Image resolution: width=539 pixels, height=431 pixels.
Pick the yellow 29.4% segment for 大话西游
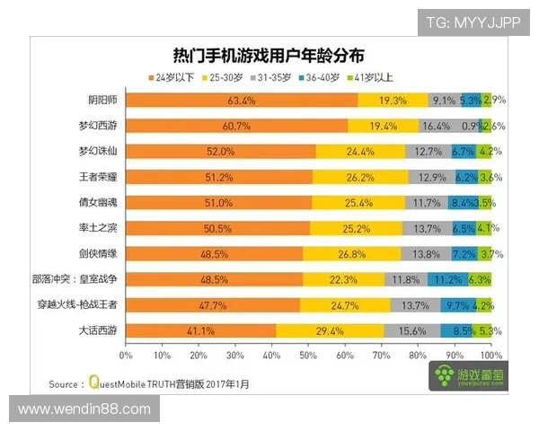pyautogui.click(x=330, y=331)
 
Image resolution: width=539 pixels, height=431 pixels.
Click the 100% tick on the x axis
pyautogui.click(x=490, y=355)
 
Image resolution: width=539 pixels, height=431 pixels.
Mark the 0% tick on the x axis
pyautogui.click(x=127, y=355)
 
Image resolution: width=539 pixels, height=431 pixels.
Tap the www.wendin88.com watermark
pyautogui.click(x=84, y=409)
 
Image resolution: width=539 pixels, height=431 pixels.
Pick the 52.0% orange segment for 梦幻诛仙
pyautogui.click(x=220, y=152)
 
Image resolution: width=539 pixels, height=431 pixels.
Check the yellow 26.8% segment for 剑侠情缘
pyautogui.click(x=352, y=254)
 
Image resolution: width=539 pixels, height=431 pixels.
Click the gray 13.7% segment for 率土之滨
pyautogui.click(x=427, y=229)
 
